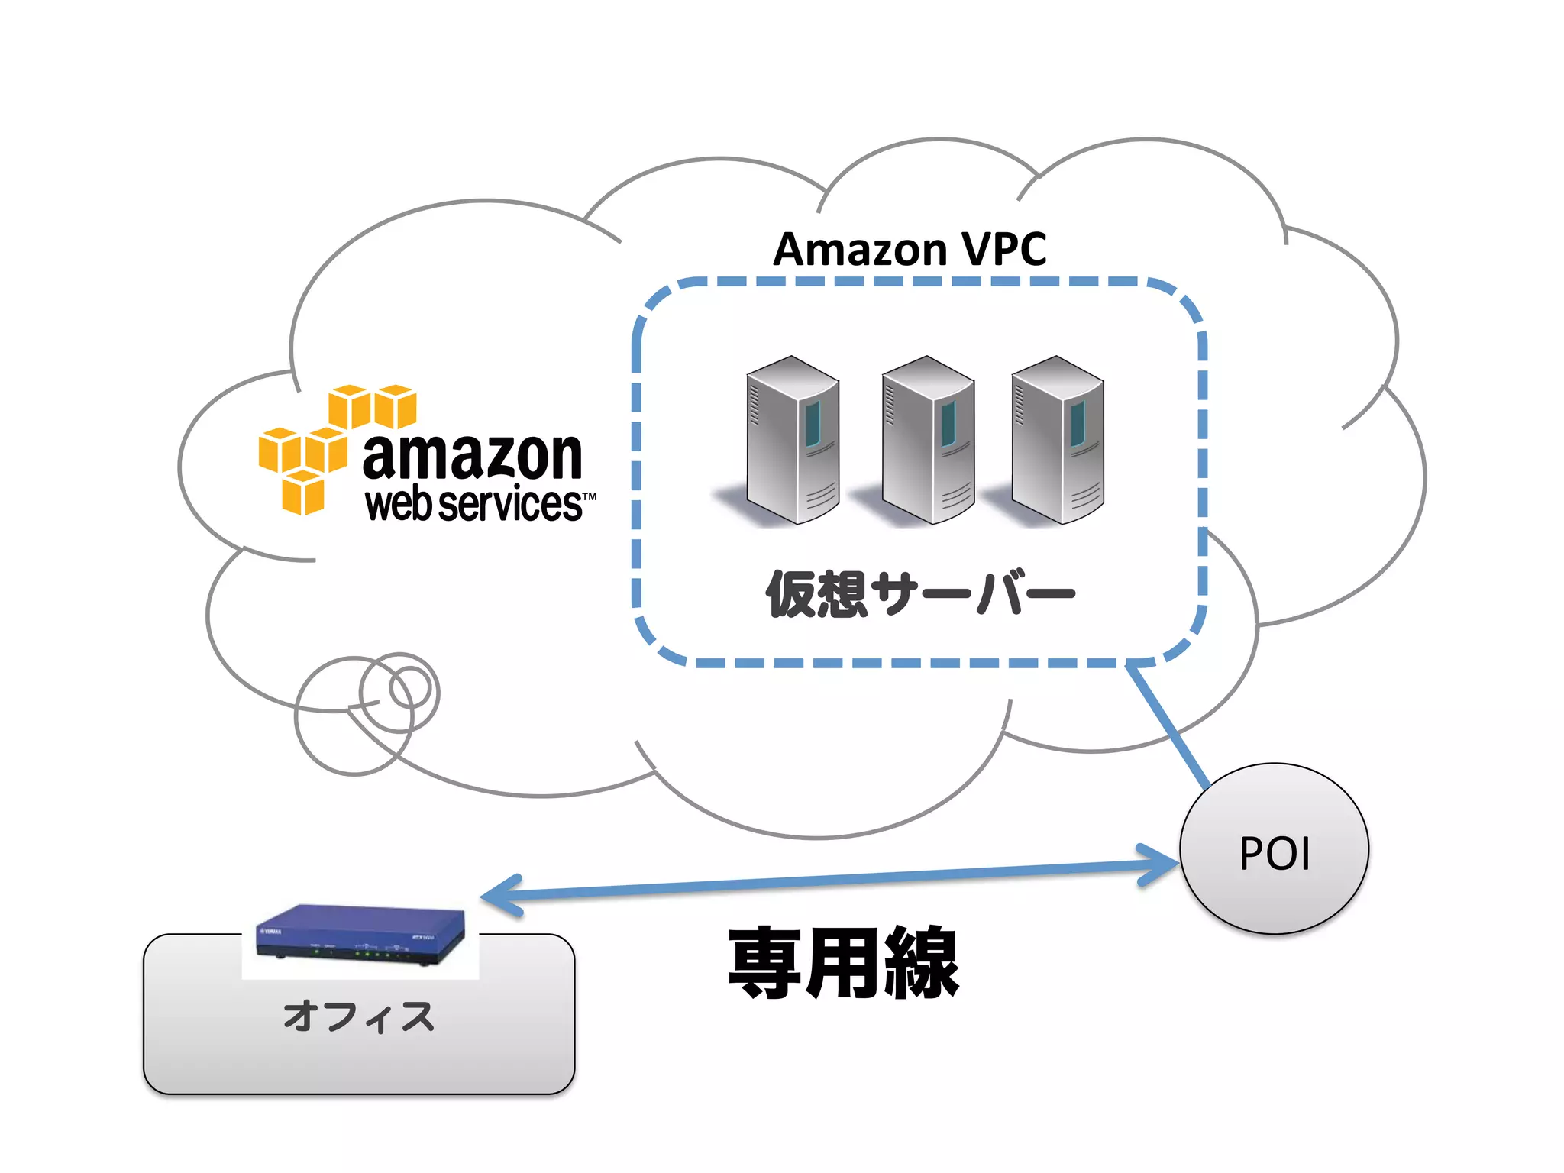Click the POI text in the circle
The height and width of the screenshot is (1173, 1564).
1275,854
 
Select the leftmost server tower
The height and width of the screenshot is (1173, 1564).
792,441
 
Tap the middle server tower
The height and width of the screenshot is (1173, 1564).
927,441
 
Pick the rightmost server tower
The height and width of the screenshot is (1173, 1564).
1057,441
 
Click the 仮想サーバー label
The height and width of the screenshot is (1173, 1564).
920,594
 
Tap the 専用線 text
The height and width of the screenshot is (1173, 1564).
843,963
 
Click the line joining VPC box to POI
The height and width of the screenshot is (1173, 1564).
1168,725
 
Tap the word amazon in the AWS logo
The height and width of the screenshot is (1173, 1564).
472,456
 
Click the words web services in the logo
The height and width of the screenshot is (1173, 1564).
473,505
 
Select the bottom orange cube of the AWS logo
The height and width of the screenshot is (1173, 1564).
303,493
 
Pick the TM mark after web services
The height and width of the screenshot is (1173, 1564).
590,496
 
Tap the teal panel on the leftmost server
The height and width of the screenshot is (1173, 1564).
813,424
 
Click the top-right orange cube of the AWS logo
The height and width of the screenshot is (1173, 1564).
396,406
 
